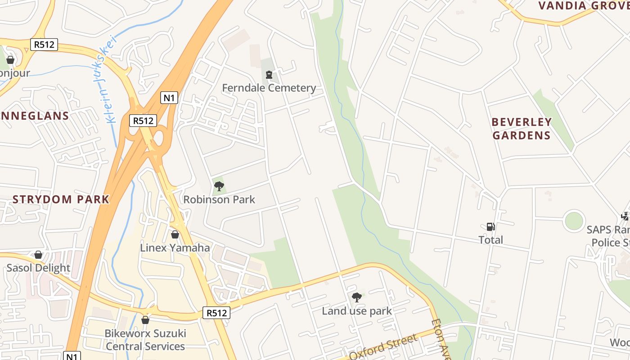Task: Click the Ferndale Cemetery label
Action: click(x=269, y=88)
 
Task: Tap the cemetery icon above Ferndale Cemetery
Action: click(x=269, y=75)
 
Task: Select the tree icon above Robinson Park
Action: click(x=219, y=186)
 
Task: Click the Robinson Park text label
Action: click(x=219, y=199)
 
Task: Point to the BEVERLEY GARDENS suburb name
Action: click(x=522, y=129)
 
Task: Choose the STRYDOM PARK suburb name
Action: click(x=61, y=199)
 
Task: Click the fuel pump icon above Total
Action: click(x=490, y=227)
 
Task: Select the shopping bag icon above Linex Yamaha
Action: click(x=175, y=235)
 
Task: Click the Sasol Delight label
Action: click(x=38, y=268)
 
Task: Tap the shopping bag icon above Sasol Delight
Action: click(x=38, y=255)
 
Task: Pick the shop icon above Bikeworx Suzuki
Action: click(x=145, y=320)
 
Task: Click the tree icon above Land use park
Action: click(x=357, y=297)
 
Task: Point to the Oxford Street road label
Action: click(x=383, y=347)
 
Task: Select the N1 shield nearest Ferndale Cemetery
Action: click(x=169, y=98)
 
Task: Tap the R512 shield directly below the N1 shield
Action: click(x=143, y=121)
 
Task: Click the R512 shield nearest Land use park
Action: click(x=216, y=313)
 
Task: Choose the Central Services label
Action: click(x=145, y=346)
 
